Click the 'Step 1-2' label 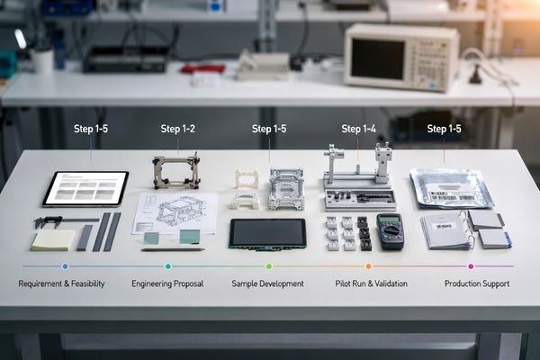[178, 130]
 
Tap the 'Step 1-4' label [357, 130]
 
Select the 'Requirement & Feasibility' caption [62, 284]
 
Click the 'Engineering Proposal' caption [167, 284]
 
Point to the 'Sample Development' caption [268, 284]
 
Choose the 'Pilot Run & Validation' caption [371, 284]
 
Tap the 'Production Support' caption [478, 284]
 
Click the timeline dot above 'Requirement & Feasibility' [65, 266]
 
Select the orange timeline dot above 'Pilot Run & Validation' [368, 266]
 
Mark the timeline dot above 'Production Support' [471, 266]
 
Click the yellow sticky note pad [54, 238]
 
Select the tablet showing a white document [86, 188]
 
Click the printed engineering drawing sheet [175, 212]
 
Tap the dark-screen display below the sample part [267, 233]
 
